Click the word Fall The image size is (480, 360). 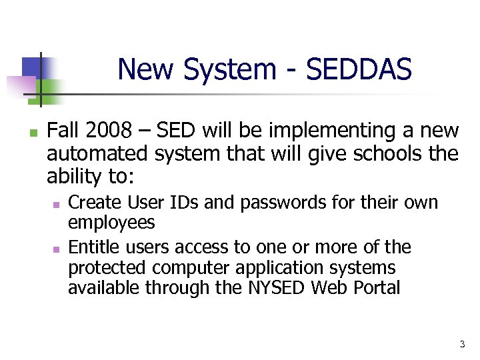point(65,131)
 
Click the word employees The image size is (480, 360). point(111,223)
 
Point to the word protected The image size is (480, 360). point(108,268)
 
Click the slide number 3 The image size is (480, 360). point(462,345)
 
